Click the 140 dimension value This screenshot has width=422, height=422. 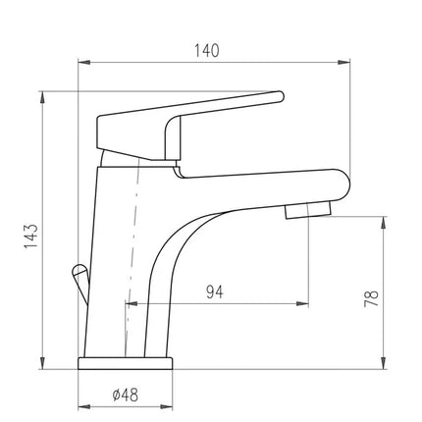click(207, 51)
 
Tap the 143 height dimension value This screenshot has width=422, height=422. click(31, 237)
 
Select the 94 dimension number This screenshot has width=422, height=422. click(215, 292)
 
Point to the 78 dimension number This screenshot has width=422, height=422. click(371, 298)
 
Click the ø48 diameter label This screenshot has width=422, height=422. click(126, 395)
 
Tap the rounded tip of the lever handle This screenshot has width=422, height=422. click(280, 97)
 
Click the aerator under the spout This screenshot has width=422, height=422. click(308, 210)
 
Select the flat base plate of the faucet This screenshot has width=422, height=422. click(125, 363)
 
